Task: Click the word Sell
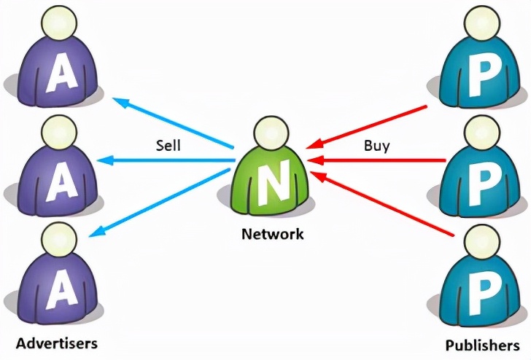[168, 145]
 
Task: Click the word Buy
[376, 145]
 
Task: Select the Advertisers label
[57, 342]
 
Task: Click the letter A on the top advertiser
[58, 76]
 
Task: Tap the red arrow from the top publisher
[365, 125]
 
